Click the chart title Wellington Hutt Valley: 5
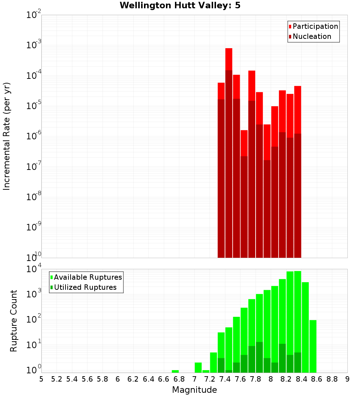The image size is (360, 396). point(182,5)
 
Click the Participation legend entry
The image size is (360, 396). point(315,26)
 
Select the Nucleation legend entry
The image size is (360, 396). point(312,36)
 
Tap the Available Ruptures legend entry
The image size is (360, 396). point(87,277)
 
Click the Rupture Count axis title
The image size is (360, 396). point(14,320)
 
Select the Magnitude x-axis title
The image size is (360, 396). point(194,390)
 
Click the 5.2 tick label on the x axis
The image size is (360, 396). point(57,379)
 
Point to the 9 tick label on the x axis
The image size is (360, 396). point(347,379)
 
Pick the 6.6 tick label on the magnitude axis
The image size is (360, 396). point(164,379)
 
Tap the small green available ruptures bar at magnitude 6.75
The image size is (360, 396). point(175,371)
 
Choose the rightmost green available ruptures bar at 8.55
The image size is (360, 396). point(313,346)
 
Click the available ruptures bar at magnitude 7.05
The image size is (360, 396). point(198,368)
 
